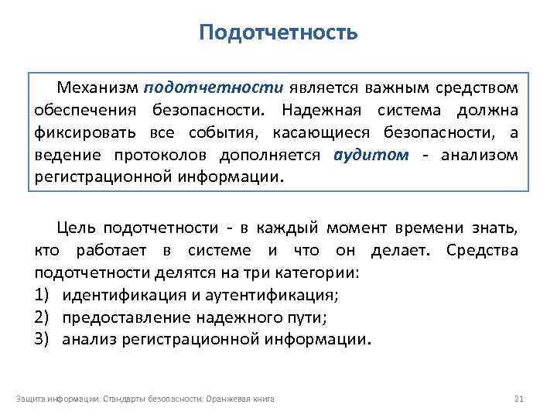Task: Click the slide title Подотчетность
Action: (278, 33)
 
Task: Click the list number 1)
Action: (43, 296)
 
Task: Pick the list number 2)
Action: (43, 317)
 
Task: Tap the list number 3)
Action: (43, 339)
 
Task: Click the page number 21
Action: (519, 399)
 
